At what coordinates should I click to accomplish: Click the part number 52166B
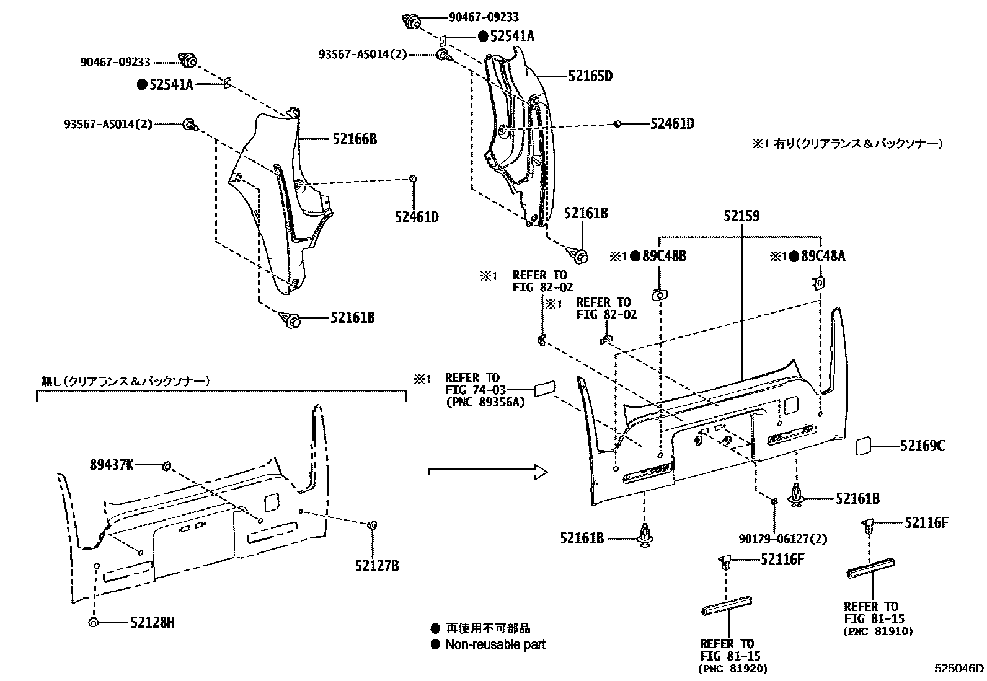click(x=354, y=139)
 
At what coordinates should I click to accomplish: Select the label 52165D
click(x=590, y=76)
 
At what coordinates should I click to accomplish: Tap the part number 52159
click(x=741, y=217)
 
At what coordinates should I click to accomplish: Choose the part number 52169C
click(x=923, y=446)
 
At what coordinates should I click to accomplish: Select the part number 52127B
click(x=377, y=565)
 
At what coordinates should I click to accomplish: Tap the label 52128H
click(x=153, y=622)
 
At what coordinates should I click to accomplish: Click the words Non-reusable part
click(x=495, y=644)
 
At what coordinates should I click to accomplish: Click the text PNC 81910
click(x=878, y=631)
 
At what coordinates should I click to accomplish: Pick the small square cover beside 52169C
click(x=864, y=446)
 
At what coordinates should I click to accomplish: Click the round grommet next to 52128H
click(x=94, y=622)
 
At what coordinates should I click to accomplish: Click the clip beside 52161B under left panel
click(x=290, y=319)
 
